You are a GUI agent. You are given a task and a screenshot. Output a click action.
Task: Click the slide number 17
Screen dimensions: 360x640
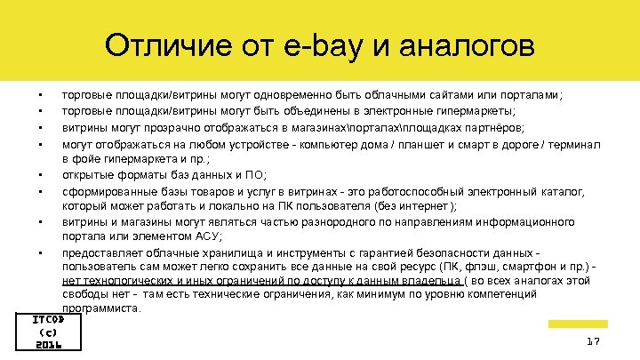coord(594,342)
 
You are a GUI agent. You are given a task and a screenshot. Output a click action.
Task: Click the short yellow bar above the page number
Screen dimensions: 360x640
coord(575,324)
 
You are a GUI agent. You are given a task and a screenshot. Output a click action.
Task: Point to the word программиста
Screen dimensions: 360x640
coord(101,308)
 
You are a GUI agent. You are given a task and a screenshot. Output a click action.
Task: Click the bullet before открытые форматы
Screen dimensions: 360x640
coord(40,175)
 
